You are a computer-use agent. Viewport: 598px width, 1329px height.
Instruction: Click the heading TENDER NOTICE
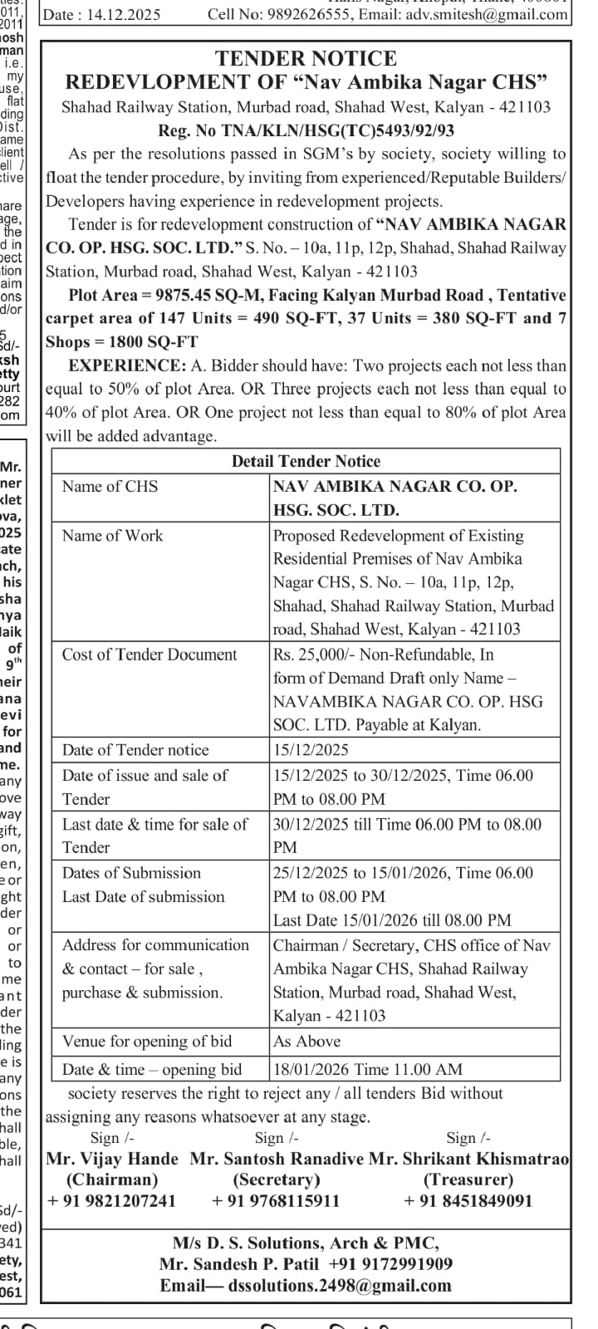pos(306,58)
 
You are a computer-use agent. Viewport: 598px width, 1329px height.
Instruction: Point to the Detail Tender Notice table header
pos(306,462)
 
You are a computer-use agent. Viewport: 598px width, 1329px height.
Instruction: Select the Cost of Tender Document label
pos(149,655)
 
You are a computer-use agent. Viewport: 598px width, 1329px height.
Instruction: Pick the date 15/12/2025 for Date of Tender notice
pos(311,750)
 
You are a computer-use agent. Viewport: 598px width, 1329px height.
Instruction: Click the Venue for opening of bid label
pos(147,1042)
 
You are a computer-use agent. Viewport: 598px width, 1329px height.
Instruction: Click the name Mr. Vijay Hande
pos(112,1159)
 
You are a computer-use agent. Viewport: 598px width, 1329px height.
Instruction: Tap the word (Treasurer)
pos(468,1179)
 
